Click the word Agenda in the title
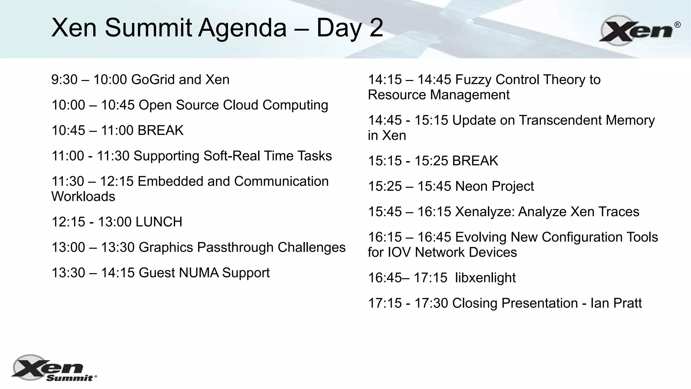click(x=242, y=28)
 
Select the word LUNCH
click(x=159, y=222)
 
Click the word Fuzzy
click(x=473, y=80)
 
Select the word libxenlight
click(x=485, y=278)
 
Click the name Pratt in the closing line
click(x=627, y=303)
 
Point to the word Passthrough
click(x=235, y=248)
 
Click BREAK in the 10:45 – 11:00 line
click(x=161, y=130)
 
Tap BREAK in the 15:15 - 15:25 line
click(x=475, y=161)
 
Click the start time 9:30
click(x=64, y=80)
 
